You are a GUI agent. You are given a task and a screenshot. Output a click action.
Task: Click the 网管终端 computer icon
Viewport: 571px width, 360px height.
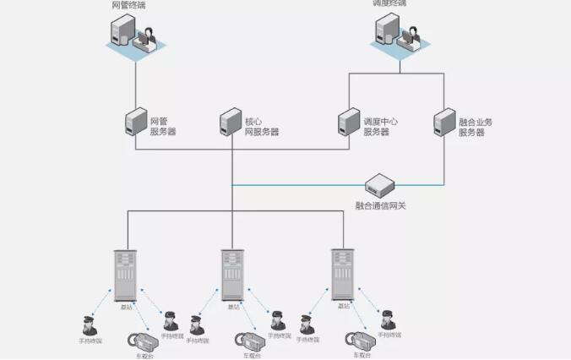(x=135, y=36)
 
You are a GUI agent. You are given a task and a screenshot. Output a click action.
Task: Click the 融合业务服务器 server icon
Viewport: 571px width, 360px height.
(x=444, y=123)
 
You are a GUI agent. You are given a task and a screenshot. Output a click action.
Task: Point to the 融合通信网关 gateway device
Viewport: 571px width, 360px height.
(x=382, y=185)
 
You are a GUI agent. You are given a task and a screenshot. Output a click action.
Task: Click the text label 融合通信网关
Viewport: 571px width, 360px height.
(x=381, y=205)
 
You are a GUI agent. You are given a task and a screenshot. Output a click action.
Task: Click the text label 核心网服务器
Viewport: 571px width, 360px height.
(x=261, y=127)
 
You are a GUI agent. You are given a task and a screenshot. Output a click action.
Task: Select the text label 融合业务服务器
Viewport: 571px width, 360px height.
(x=475, y=127)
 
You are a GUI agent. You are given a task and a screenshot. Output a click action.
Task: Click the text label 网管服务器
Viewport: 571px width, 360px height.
(x=163, y=127)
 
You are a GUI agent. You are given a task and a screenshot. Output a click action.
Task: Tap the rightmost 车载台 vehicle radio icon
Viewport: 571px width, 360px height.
(x=358, y=342)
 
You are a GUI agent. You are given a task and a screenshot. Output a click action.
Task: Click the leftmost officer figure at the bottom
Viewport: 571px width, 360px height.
(x=89, y=325)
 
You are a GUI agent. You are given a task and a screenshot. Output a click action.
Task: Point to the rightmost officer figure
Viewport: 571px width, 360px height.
(x=388, y=320)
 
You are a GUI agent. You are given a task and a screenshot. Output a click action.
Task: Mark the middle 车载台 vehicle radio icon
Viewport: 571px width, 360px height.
(x=252, y=342)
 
